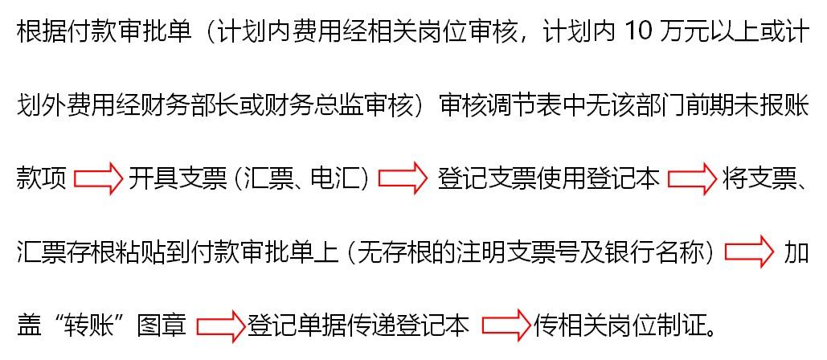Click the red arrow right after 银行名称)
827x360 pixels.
[748, 253]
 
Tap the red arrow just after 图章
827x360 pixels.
[220, 325]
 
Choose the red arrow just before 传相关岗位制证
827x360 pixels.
[506, 325]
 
